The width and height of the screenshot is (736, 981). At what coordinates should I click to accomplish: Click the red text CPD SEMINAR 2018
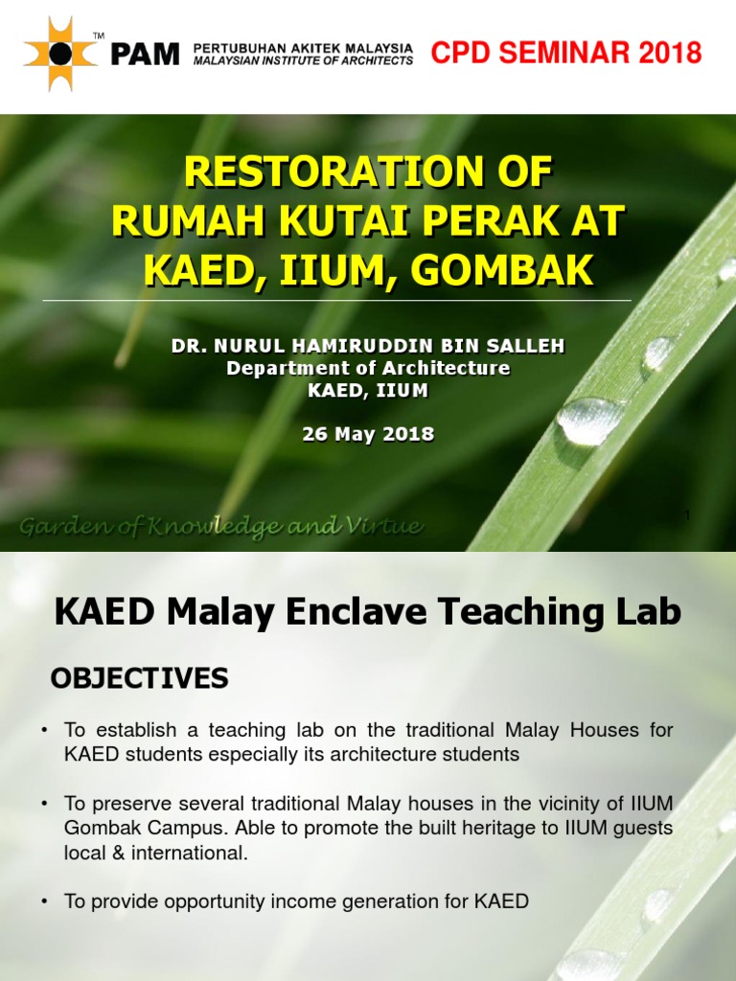pos(566,53)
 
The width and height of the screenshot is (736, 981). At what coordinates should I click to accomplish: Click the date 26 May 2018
pos(368,434)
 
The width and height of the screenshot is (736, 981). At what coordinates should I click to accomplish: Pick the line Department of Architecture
pos(368,369)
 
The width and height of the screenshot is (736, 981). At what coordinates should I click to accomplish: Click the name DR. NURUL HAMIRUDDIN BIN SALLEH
pos(368,346)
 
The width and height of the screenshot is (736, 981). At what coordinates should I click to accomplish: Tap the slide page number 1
pos(686,516)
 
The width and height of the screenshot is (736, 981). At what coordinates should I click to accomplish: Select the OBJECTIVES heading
pos(139,679)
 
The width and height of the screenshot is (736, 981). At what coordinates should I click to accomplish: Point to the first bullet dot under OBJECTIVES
pos(44,731)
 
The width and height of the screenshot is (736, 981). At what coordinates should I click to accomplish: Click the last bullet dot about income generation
pos(44,901)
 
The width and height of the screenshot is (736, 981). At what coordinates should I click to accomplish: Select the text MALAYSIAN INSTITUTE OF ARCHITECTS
pos(303,60)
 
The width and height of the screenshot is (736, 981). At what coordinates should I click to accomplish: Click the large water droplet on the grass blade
pos(588,422)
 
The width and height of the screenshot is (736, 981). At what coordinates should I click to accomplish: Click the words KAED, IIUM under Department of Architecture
pos(368,391)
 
